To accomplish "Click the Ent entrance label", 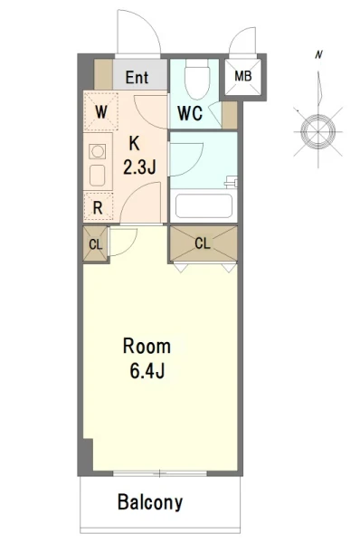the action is tap(137, 78).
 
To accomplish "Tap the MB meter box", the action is tap(243, 76).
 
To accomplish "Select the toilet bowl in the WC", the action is tap(197, 80).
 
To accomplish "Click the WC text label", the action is tap(190, 113).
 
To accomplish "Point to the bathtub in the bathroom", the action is tap(204, 206).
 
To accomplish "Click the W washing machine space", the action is tap(100, 111).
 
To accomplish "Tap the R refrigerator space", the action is tap(99, 206).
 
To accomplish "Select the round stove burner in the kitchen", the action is tap(98, 151).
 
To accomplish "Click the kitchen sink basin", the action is tap(98, 176).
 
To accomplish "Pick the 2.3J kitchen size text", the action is tap(139, 167).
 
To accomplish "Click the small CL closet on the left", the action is tap(96, 243).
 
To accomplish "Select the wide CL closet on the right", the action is tap(203, 243).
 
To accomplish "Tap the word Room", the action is tap(147, 347).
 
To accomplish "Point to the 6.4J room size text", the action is tap(147, 370).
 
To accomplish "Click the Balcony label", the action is tap(150, 502).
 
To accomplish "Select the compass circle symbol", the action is tap(317, 131).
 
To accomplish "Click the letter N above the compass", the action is tap(318, 54).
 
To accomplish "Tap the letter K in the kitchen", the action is tap(135, 143).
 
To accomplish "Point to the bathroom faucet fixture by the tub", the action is tap(232, 182).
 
